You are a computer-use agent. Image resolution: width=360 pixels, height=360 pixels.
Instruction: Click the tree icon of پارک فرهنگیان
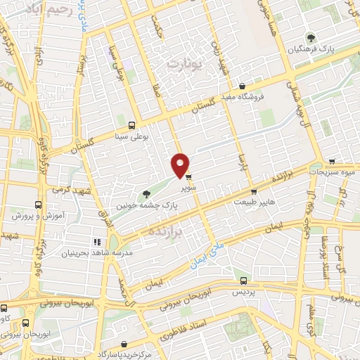[310, 38]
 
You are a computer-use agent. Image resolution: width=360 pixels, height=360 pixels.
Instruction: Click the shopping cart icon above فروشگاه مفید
[242, 86]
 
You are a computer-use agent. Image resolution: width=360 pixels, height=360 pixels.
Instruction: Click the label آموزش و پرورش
[35, 215]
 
